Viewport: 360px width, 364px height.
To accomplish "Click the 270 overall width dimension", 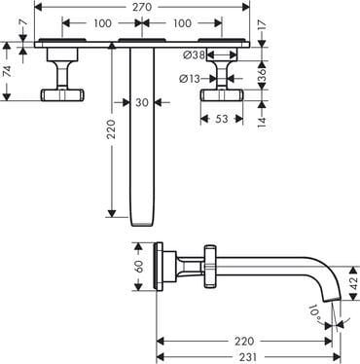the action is click(x=142, y=7).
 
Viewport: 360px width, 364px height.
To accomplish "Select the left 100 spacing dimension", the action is click(x=102, y=23).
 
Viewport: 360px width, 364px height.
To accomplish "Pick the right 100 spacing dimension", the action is click(x=182, y=23).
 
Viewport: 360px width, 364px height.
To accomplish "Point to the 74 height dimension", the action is click(x=7, y=71).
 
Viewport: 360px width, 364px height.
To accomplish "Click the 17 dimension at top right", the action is click(x=262, y=24).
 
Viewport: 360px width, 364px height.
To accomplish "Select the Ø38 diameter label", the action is click(x=194, y=55).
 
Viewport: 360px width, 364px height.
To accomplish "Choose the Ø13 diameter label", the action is click(x=190, y=78).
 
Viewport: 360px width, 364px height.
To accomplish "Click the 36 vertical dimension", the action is click(x=262, y=75).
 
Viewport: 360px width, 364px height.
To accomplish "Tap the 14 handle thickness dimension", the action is click(x=262, y=120).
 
